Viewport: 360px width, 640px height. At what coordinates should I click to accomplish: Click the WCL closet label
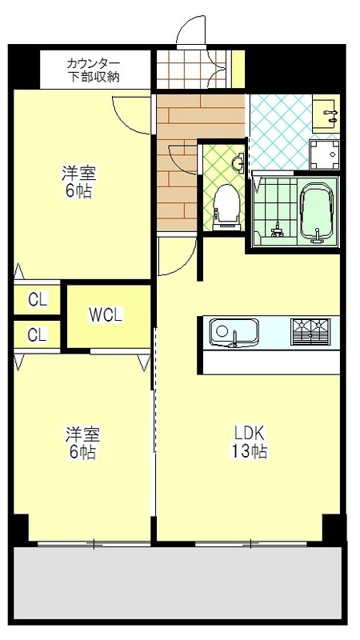pos(106,315)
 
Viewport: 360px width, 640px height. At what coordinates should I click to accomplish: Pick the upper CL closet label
pos(38,301)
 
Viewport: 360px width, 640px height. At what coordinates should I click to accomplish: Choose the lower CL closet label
pos(38,335)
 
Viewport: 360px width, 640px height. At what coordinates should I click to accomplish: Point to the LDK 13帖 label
pos(250,442)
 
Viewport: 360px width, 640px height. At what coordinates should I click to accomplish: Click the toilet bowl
pos(227,203)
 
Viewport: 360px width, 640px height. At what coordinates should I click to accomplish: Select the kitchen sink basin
pos(233,330)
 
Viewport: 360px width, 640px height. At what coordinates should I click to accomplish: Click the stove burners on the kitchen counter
pos(310,330)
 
